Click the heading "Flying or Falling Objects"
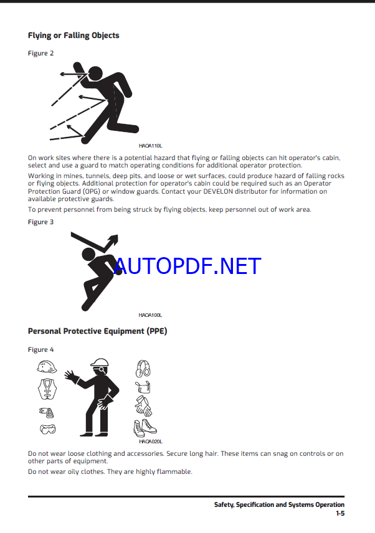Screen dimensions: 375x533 coord(74,35)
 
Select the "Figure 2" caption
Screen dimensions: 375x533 coord(40,53)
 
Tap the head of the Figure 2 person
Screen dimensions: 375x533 coord(95,73)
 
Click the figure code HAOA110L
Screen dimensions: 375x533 coord(150,146)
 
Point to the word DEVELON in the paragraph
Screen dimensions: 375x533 coord(218,191)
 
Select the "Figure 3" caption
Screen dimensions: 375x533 coord(40,222)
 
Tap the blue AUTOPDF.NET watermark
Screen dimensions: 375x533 coord(187,266)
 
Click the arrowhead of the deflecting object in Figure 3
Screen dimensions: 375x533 coord(114,239)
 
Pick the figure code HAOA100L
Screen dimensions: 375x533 coord(150,315)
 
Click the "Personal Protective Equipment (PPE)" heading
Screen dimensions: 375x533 coord(98,331)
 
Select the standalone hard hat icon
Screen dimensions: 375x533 coord(47,367)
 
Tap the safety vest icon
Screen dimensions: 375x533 coord(47,389)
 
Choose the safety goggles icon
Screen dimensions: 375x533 coord(47,429)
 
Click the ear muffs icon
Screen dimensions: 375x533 coord(143,369)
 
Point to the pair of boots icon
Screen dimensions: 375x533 coord(145,428)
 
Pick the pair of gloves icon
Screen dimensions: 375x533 coord(143,406)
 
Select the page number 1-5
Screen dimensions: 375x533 coord(340,513)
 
